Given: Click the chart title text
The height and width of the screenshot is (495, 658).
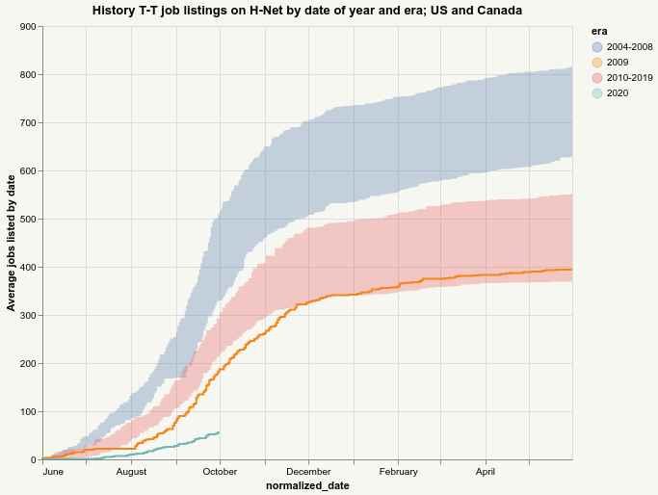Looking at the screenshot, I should (308, 10).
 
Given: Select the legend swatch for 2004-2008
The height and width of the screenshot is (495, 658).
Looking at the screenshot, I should (597, 47).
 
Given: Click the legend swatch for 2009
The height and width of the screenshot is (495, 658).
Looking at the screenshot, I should (597, 63).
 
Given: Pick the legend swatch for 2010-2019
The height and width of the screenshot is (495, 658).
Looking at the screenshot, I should (597, 77).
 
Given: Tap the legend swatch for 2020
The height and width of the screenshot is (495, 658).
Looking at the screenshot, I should (597, 92).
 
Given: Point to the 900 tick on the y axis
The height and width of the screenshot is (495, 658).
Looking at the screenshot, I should (29, 27).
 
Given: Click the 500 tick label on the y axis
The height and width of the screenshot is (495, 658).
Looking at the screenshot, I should (29, 220).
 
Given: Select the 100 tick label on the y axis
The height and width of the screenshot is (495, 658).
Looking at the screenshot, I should (29, 412).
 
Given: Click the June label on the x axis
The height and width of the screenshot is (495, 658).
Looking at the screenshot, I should (54, 472).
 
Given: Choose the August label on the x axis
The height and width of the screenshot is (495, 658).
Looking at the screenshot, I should (131, 472).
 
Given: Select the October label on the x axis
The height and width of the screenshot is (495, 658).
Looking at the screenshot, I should (220, 472).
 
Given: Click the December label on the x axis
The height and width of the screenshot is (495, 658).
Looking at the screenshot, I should (308, 472).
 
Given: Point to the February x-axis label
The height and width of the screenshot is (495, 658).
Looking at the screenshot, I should (398, 472).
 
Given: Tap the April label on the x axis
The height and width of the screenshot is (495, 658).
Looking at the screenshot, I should (486, 472).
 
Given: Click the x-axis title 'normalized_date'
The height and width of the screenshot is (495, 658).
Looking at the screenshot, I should (307, 486).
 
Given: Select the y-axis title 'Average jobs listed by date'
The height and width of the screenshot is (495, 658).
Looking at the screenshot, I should (11, 243).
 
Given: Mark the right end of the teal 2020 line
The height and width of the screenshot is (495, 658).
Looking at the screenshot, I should (220, 432).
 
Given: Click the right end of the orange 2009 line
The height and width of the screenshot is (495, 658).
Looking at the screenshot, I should (572, 270).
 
